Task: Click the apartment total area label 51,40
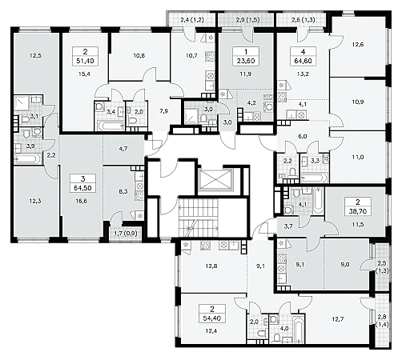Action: coord(86,61)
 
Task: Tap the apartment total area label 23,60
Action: coord(246,61)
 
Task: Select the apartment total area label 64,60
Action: coord(303,61)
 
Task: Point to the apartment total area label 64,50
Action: coord(82,188)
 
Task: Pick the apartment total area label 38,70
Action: coord(358,211)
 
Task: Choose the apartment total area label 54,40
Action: coord(212,318)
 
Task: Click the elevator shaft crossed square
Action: coord(215,180)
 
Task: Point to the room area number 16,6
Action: coord(82,201)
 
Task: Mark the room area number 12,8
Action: coord(211,266)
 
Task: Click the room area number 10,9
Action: coord(358,102)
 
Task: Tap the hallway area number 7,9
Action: coord(164,111)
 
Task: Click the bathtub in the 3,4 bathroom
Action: coord(110,126)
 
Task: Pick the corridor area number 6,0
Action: coord(303,136)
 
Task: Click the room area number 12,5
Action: coord(35,56)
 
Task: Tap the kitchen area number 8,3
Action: coord(123,191)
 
